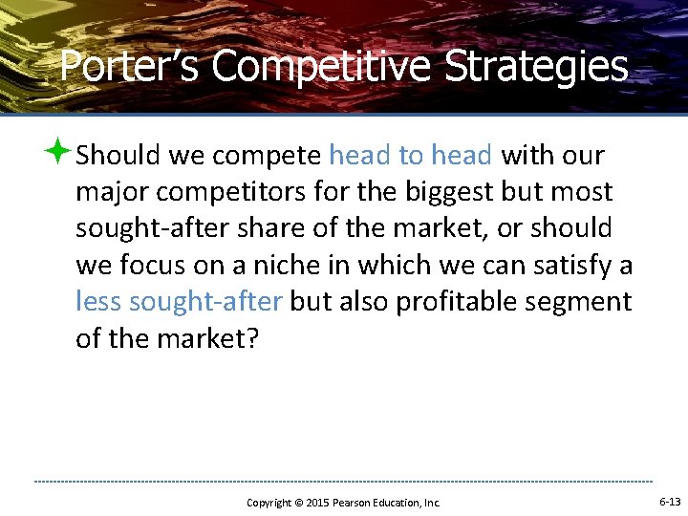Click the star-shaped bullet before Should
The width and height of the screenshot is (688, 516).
[59, 151]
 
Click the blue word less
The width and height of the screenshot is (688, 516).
[98, 302]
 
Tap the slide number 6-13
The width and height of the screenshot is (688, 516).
[670, 502]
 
